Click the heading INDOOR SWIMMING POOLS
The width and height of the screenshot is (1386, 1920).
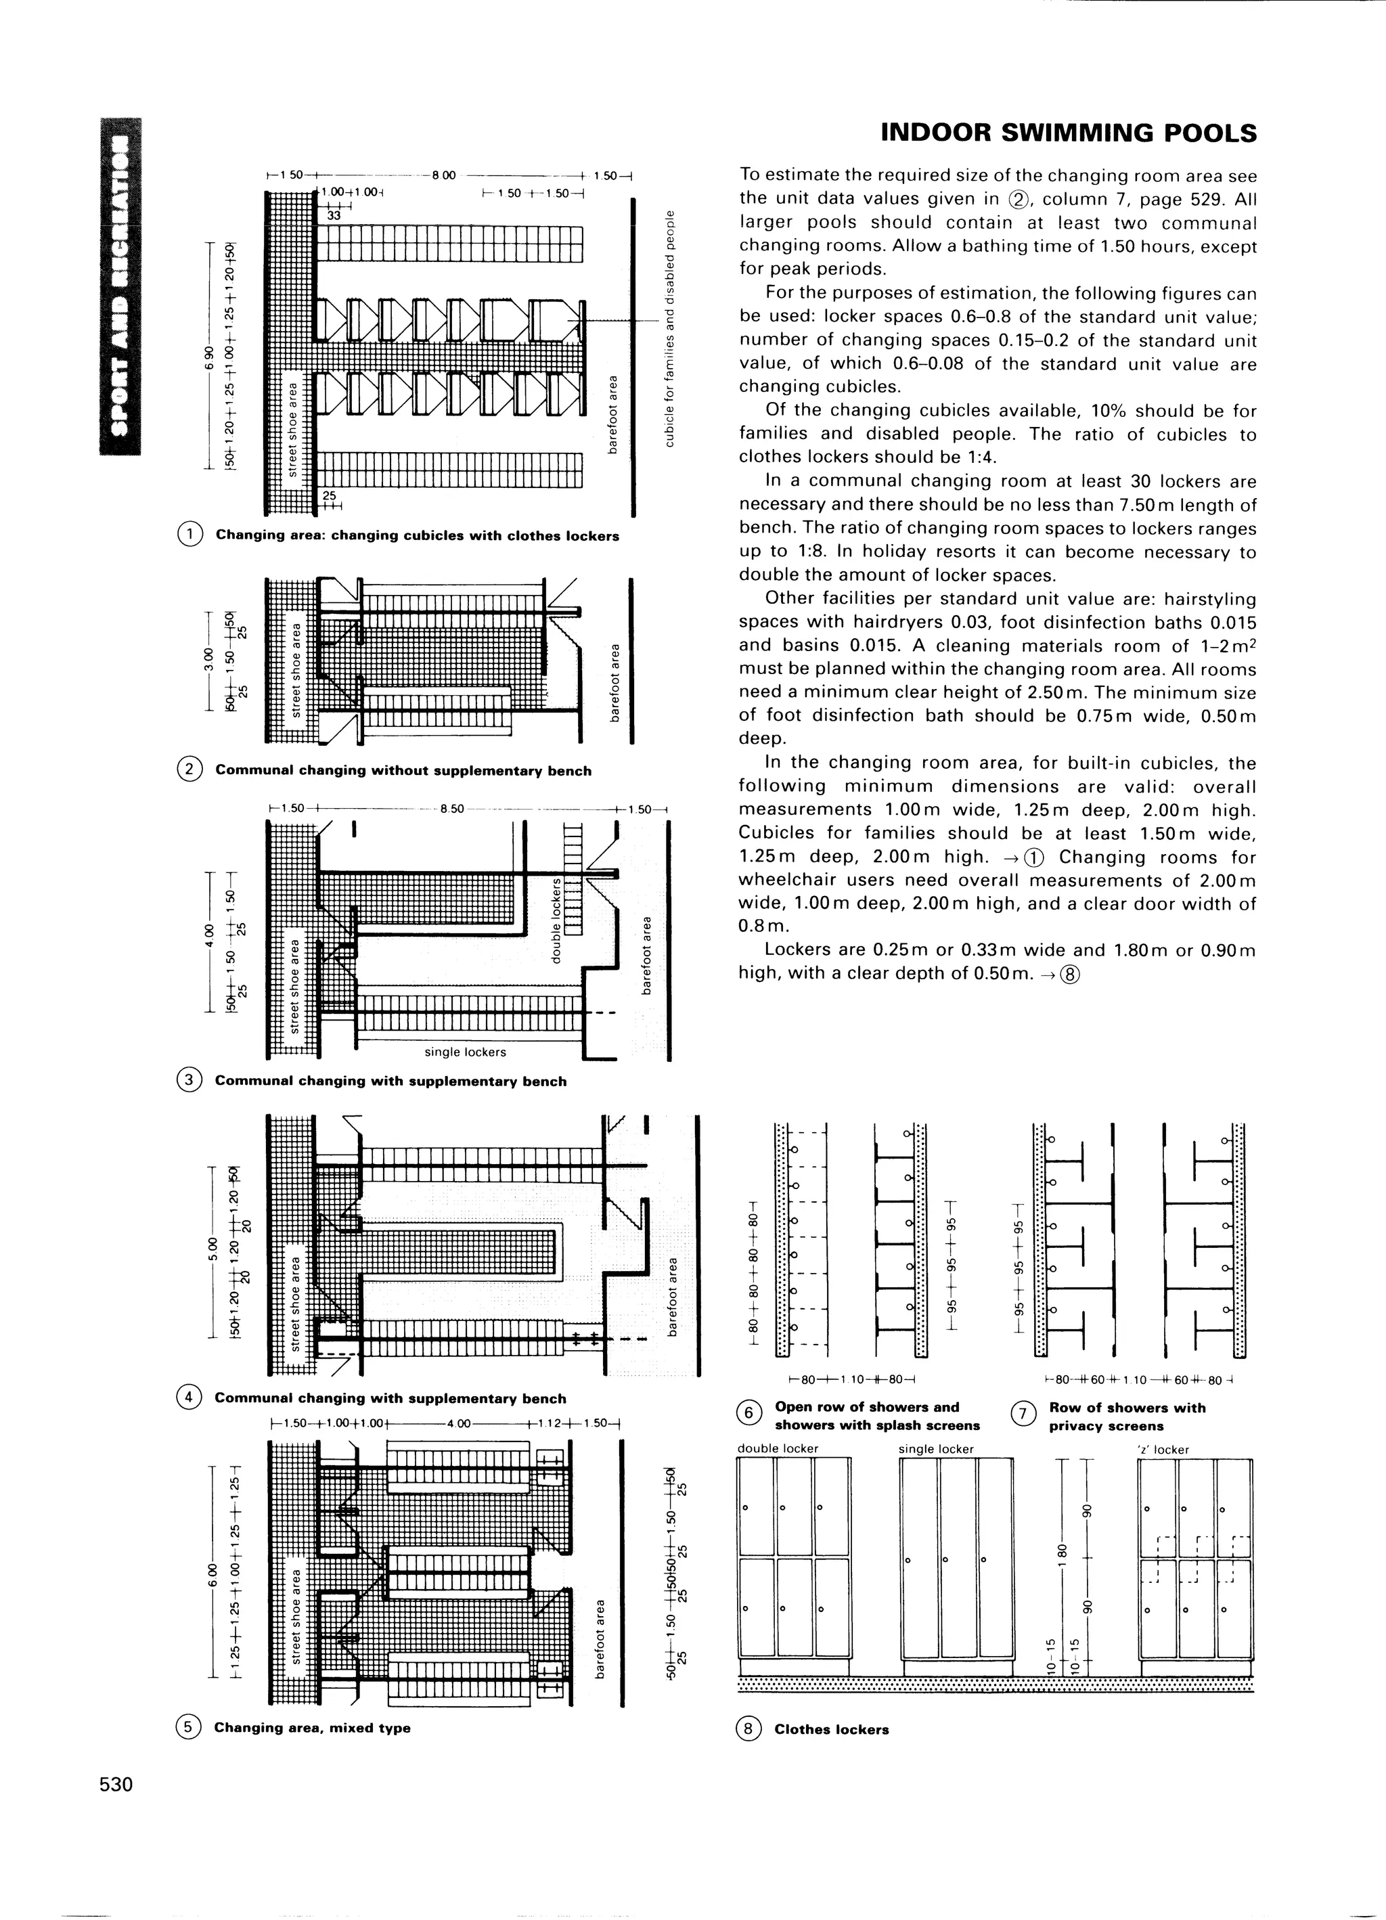(x=1069, y=134)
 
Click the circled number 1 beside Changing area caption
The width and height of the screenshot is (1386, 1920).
(x=189, y=535)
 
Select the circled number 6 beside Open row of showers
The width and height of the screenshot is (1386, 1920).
(x=748, y=1413)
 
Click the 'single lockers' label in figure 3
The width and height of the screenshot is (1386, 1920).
(x=465, y=1052)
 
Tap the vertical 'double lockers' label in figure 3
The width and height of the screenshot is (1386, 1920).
(x=556, y=920)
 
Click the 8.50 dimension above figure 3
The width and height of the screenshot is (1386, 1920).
(x=452, y=809)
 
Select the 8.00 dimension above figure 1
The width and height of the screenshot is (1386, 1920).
(x=444, y=176)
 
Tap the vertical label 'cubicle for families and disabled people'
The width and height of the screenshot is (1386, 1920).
(x=670, y=328)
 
